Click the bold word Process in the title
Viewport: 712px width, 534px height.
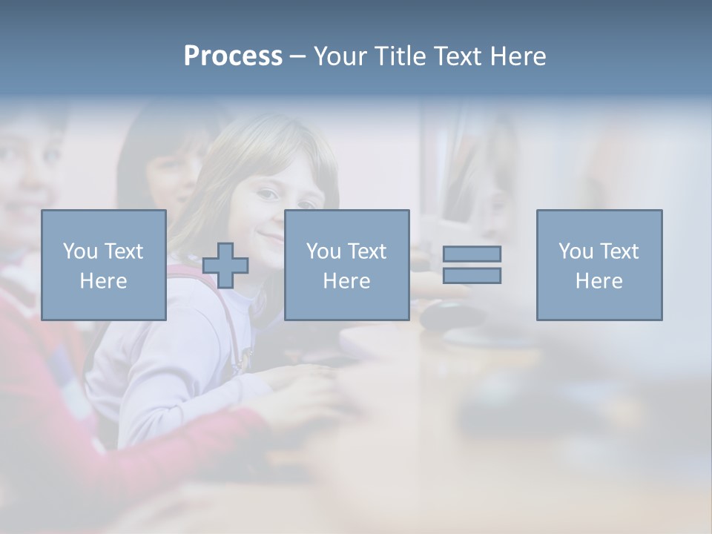[x=233, y=56]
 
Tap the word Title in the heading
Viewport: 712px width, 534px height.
[x=400, y=56]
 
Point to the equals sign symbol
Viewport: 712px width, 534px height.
[x=472, y=265]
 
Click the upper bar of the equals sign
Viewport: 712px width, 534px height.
[x=472, y=254]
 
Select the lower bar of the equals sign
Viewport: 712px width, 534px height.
[x=472, y=275]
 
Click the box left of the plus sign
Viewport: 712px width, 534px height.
[x=104, y=265]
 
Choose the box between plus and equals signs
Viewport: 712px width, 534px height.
[x=346, y=265]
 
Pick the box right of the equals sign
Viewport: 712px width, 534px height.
[x=599, y=265]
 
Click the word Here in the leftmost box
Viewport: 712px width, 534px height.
[x=104, y=281]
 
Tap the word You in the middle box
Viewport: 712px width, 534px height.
[x=324, y=251]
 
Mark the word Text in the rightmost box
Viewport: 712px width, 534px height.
[x=619, y=251]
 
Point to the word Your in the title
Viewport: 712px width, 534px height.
[x=340, y=56]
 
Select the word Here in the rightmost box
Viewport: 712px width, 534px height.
[x=599, y=281]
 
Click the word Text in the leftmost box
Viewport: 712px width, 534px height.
[x=124, y=251]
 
